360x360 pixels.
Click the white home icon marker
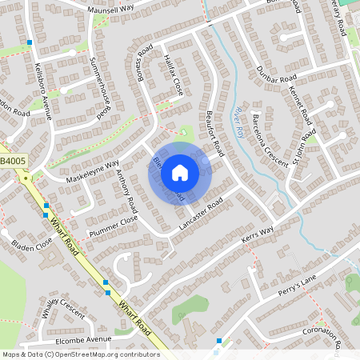180,172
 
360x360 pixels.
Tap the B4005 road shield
13,162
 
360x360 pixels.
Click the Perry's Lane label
298,282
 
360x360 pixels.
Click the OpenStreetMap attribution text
81,354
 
